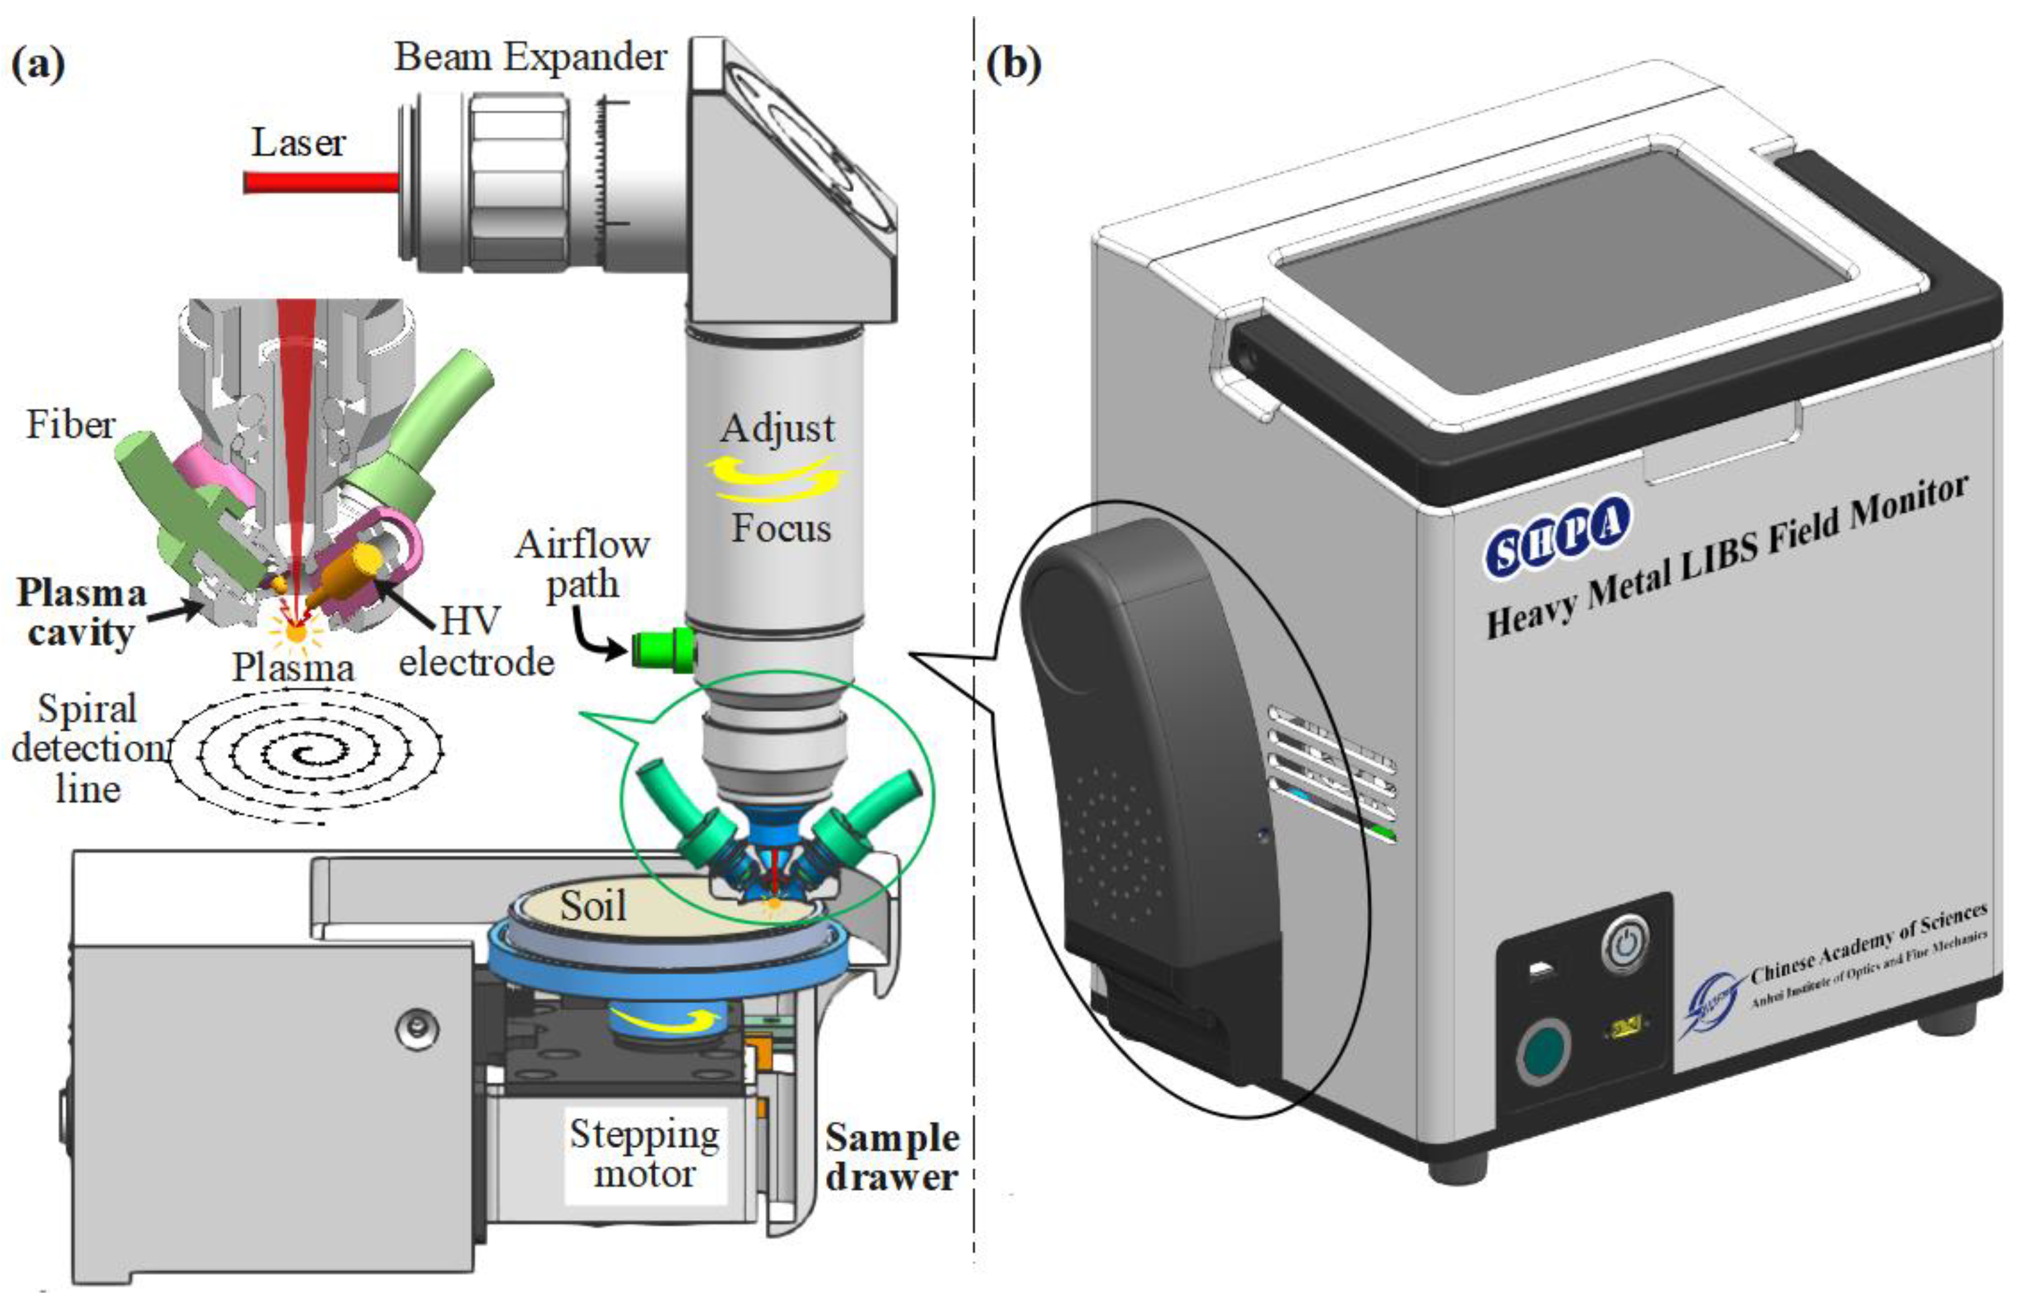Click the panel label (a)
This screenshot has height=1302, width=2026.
[38, 63]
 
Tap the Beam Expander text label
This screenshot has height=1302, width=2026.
[530, 58]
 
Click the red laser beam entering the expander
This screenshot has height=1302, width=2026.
[321, 182]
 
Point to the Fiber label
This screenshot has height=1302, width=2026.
[70, 424]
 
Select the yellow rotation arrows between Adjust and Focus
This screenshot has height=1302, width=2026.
[776, 478]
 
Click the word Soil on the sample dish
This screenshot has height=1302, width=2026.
[593, 907]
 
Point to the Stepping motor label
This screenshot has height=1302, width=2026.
[644, 1153]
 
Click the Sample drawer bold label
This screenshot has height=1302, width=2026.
[892, 1157]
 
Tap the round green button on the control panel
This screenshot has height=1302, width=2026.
[1543, 1051]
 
